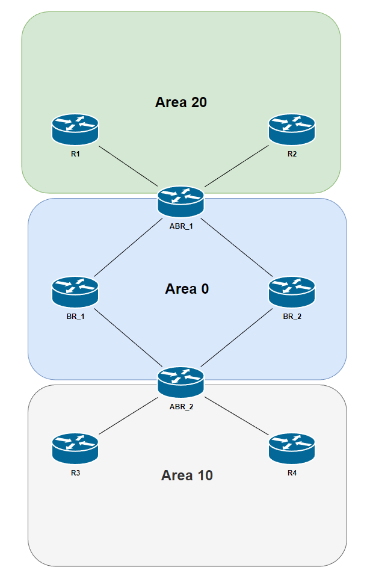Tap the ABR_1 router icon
(181, 201)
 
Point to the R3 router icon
(75, 448)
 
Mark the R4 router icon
(291, 448)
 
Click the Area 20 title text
(181, 102)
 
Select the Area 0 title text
(187, 289)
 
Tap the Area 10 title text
(187, 475)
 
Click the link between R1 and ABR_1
(128, 166)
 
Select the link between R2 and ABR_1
(236, 166)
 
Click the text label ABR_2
(181, 406)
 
